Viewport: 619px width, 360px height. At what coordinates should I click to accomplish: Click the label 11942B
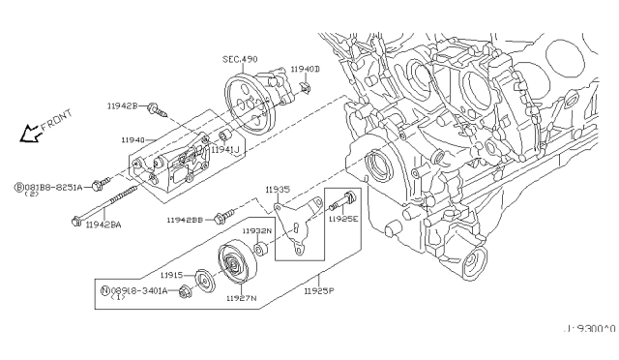click(122, 105)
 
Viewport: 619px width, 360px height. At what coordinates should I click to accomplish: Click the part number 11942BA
click(103, 225)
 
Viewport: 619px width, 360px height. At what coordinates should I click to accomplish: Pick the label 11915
click(171, 276)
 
